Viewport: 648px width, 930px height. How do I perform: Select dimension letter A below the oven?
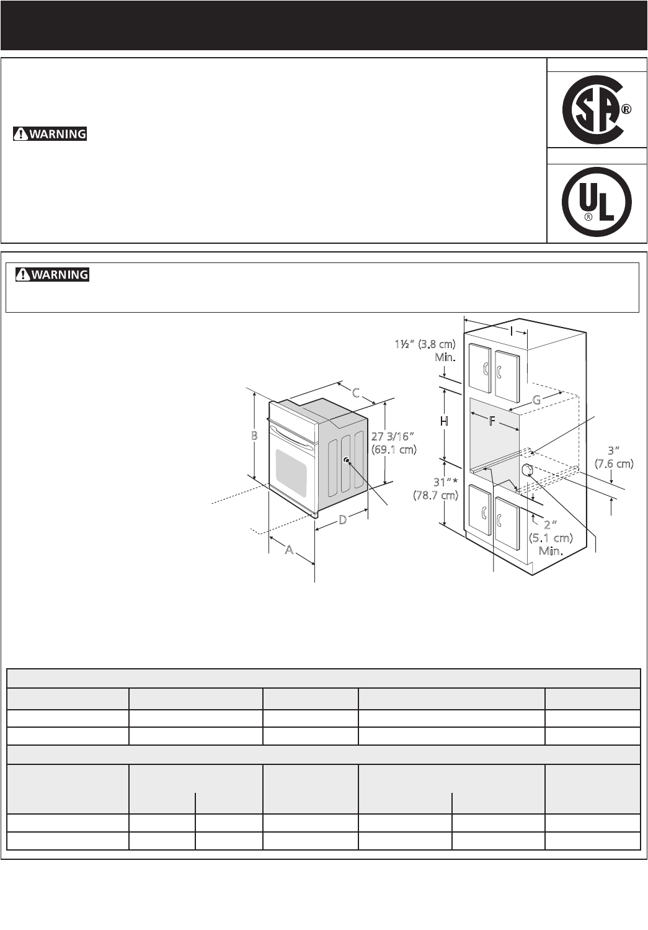coord(289,549)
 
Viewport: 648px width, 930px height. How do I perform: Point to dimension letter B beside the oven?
coord(254,436)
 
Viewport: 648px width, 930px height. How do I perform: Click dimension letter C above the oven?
coord(356,393)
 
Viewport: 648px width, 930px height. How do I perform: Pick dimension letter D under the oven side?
coord(342,520)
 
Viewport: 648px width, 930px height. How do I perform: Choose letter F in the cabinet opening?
coord(492,421)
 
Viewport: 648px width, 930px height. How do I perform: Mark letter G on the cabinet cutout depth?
coord(537,400)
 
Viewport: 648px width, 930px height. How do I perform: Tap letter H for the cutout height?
coord(444,421)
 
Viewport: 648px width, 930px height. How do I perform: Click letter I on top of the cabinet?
coord(511,331)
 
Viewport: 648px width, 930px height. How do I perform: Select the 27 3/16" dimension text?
coord(393,436)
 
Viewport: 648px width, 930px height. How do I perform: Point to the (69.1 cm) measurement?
coord(394,449)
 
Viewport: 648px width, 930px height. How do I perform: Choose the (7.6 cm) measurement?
coord(614,463)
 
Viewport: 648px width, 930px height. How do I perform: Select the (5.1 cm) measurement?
coord(550,537)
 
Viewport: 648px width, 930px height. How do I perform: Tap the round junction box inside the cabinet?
coord(528,470)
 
